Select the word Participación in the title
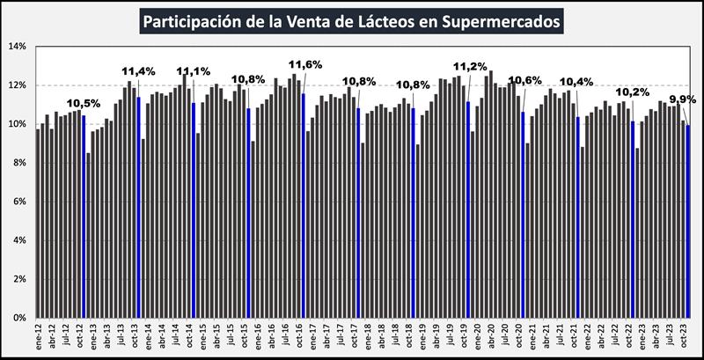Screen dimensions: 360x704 pos(195,19)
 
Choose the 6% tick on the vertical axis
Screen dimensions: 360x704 pos(20,202)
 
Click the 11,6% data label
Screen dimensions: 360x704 pos(305,64)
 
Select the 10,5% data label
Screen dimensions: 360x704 pos(84,102)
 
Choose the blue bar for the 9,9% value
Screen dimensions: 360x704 pos(687,221)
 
